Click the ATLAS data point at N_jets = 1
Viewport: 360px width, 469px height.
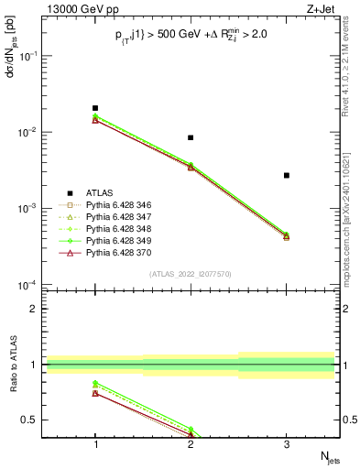pos(95,108)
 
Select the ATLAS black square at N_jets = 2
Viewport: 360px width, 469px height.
pos(191,137)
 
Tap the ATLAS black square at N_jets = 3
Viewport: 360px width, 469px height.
pos(287,175)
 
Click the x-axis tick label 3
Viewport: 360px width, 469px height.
pos(287,443)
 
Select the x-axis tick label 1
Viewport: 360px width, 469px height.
pos(95,443)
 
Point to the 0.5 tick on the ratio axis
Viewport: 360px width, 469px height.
pos(36,420)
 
